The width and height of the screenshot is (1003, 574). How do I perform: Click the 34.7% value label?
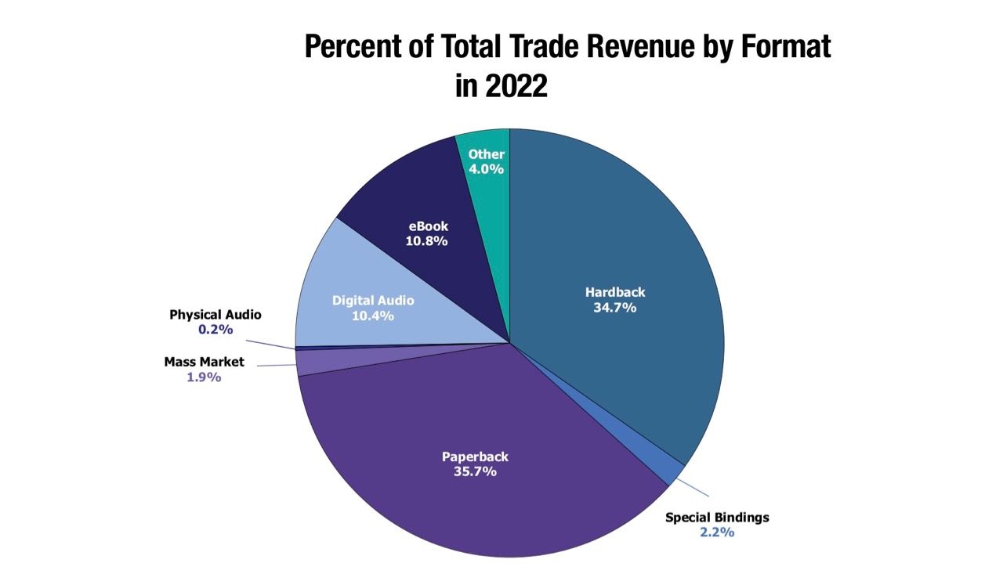tap(615, 308)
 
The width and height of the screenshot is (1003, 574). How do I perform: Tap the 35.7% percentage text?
tap(476, 472)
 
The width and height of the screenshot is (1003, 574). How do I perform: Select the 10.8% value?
tap(427, 241)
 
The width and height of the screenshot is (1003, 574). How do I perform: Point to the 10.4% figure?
tap(373, 316)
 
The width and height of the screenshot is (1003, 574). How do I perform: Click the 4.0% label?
tap(486, 169)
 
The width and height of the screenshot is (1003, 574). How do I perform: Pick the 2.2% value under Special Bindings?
tap(717, 532)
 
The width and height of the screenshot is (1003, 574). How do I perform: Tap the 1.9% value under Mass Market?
tap(204, 377)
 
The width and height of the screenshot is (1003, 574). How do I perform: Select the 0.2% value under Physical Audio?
tap(215, 330)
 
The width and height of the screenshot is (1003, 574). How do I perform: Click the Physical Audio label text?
tap(215, 315)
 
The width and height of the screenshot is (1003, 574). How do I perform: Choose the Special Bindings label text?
tap(717, 518)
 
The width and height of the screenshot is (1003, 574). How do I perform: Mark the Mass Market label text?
tap(204, 362)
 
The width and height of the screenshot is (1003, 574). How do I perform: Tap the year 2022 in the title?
tap(516, 85)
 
